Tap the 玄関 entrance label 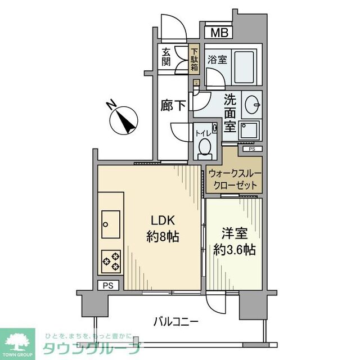click(166, 57)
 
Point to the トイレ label click(203, 133)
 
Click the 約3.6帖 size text click(235, 249)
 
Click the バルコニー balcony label click(177, 322)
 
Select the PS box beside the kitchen click(108, 286)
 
